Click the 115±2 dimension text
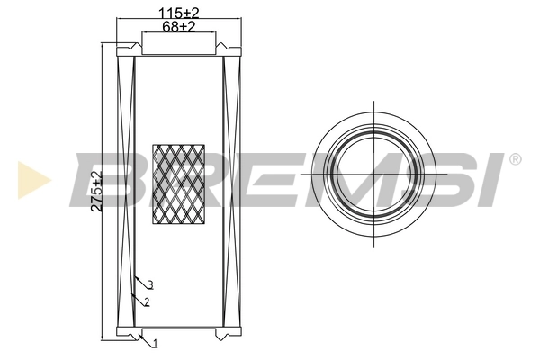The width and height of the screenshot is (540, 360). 178,12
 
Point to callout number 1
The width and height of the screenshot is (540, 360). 155,344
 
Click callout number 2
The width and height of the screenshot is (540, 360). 147,301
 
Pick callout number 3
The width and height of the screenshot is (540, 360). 150,284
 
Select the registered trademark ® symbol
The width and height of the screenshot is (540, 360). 515,160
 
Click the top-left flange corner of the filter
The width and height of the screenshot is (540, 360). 120,50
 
